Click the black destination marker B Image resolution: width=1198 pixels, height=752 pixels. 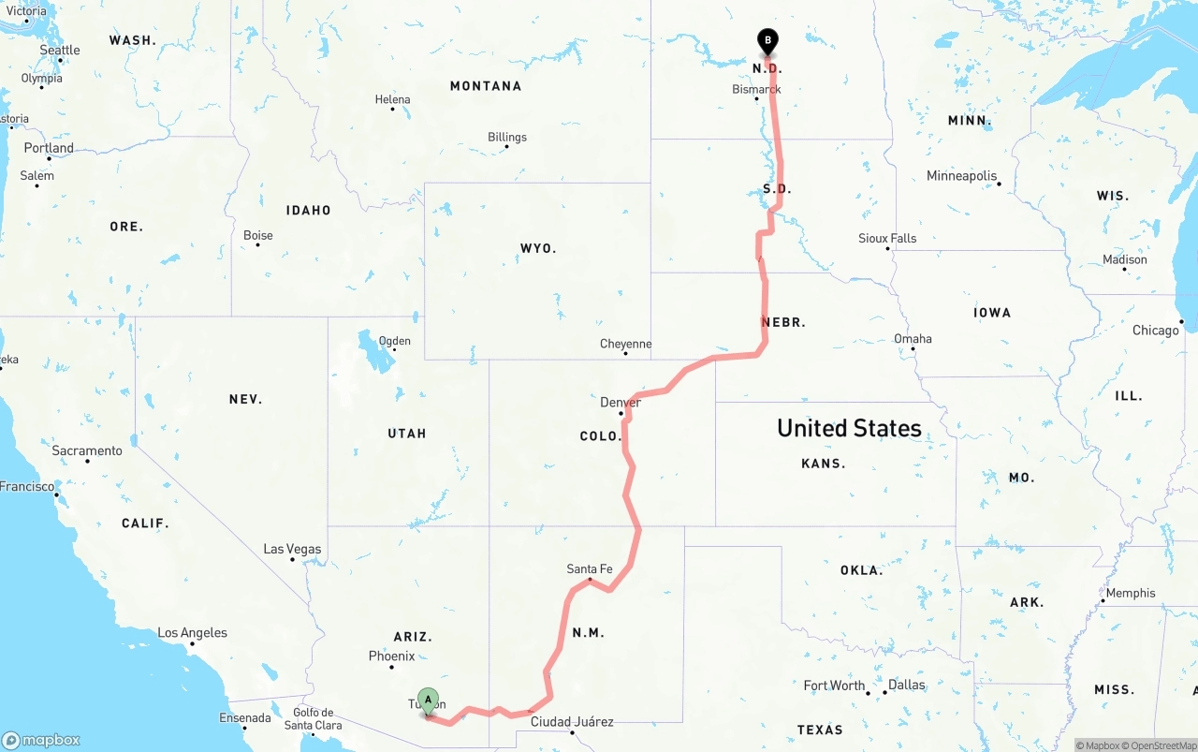(767, 41)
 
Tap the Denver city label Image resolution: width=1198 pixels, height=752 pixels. (621, 403)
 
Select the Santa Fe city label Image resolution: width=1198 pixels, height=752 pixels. (590, 568)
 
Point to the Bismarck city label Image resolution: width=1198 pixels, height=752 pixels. (756, 90)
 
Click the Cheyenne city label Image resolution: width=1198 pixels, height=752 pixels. (625, 344)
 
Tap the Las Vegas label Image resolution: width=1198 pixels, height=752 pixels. (292, 549)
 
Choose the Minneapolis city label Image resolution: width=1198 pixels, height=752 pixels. (961, 176)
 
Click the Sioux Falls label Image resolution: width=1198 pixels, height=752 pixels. (887, 238)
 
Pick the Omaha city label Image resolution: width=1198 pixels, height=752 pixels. (913, 338)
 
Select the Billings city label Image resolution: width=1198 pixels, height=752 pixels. (507, 137)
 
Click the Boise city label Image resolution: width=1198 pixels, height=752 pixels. (258, 235)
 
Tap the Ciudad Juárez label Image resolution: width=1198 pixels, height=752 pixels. (572, 721)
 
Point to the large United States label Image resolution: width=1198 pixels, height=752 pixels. (849, 428)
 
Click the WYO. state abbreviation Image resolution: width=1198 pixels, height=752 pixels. (538, 248)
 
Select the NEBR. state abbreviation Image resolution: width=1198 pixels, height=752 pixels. (783, 322)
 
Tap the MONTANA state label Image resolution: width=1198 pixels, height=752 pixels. (486, 86)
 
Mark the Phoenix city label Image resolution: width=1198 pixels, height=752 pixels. (391, 656)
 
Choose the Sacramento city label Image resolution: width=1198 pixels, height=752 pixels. (87, 450)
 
